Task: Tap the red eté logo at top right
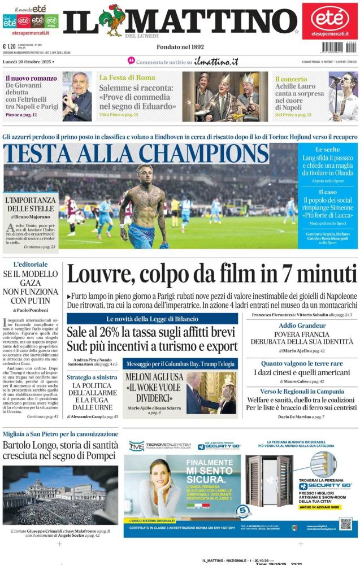coord(329,18)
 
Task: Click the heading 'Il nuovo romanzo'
coord(28,78)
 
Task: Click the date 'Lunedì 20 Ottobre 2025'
coord(28,62)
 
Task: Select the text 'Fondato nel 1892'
coord(181,47)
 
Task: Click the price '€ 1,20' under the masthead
coord(10,47)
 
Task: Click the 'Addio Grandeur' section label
coord(302,326)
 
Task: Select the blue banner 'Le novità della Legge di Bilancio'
coord(152,319)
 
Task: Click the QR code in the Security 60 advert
coord(346,523)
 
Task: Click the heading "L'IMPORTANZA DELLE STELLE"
coord(31,205)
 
